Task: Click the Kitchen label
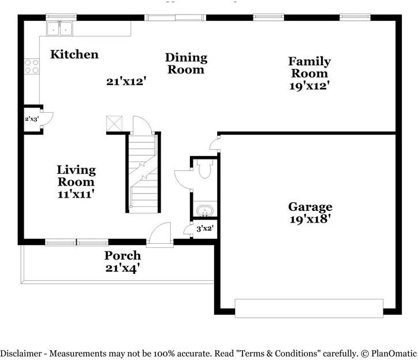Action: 74,55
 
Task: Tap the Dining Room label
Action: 185,64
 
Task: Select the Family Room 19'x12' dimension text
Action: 309,86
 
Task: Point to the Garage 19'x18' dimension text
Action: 310,219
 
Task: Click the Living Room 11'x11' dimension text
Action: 76,194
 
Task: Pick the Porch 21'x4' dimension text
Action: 122,268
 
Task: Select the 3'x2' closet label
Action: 205,229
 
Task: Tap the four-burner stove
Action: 31,67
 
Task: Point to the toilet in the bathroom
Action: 204,169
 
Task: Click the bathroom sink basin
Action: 204,211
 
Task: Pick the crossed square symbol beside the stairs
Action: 115,124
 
